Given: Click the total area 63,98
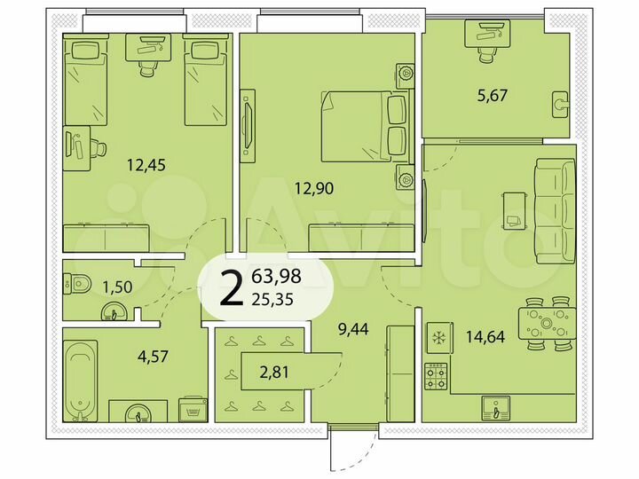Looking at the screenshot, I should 276,276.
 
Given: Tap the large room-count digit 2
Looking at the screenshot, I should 232,288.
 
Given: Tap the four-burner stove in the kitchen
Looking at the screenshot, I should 436,378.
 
